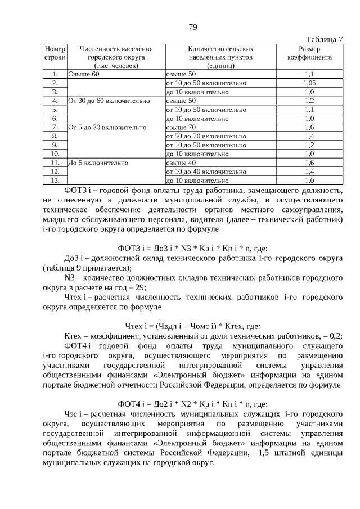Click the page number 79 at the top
coord(192,28)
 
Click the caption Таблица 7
coord(325,39)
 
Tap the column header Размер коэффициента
coord(309,53)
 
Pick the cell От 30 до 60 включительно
coord(109,101)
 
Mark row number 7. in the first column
coord(55,128)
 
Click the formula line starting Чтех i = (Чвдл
coord(192,325)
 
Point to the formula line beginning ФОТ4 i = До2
coord(192,403)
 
